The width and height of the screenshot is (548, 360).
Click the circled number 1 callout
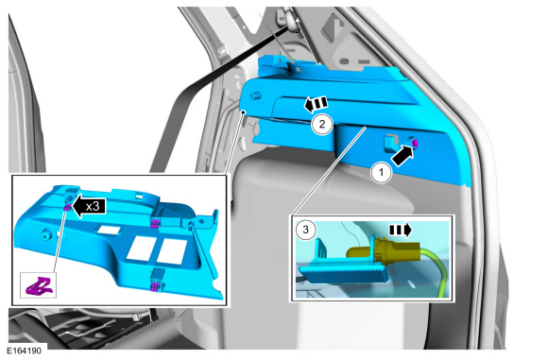point(382,172)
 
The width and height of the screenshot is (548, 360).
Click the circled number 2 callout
point(321,124)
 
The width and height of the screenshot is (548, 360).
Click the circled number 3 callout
point(305,230)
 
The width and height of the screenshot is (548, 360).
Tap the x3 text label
point(93,206)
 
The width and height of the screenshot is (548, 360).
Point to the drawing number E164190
point(24,351)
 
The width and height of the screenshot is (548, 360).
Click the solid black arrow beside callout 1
point(402,156)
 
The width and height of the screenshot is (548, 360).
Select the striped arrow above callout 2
point(316,104)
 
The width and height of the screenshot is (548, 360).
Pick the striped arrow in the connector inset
point(401,230)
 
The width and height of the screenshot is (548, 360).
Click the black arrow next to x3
point(89,206)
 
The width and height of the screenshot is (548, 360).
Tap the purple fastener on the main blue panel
point(415,143)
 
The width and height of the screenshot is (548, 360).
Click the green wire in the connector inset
point(436,269)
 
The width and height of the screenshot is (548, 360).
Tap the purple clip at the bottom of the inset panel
point(154,286)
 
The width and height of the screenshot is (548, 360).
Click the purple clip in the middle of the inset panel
point(154,223)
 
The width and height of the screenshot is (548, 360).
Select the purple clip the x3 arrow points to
point(67,208)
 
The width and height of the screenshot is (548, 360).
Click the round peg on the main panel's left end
point(255,95)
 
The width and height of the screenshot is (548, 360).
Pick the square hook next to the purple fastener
point(390,144)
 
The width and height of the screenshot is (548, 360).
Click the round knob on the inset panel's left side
point(44,235)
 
